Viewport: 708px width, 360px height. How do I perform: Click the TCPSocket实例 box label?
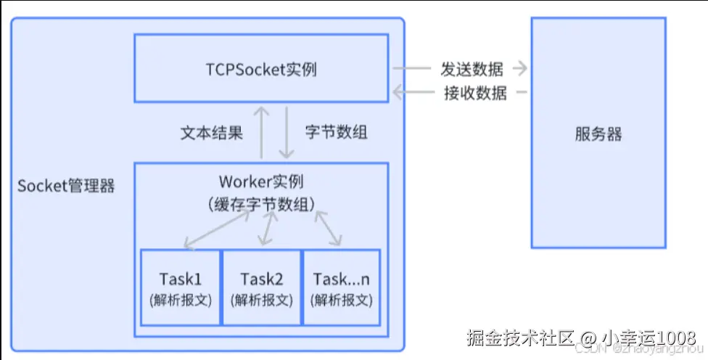260,70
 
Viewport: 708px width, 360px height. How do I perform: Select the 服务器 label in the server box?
598,134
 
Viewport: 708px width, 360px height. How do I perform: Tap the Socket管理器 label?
66,185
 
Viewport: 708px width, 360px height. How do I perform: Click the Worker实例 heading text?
260,181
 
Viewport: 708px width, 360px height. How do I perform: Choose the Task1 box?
181,287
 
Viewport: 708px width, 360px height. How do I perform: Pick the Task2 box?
261,287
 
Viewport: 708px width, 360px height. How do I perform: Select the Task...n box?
341,287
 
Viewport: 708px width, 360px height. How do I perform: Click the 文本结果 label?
211,132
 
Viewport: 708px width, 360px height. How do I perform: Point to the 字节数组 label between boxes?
336,132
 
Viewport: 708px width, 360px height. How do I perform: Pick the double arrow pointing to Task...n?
328,228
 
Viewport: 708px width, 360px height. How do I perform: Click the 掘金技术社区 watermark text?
522,337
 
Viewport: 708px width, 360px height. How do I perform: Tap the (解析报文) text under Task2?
261,300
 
